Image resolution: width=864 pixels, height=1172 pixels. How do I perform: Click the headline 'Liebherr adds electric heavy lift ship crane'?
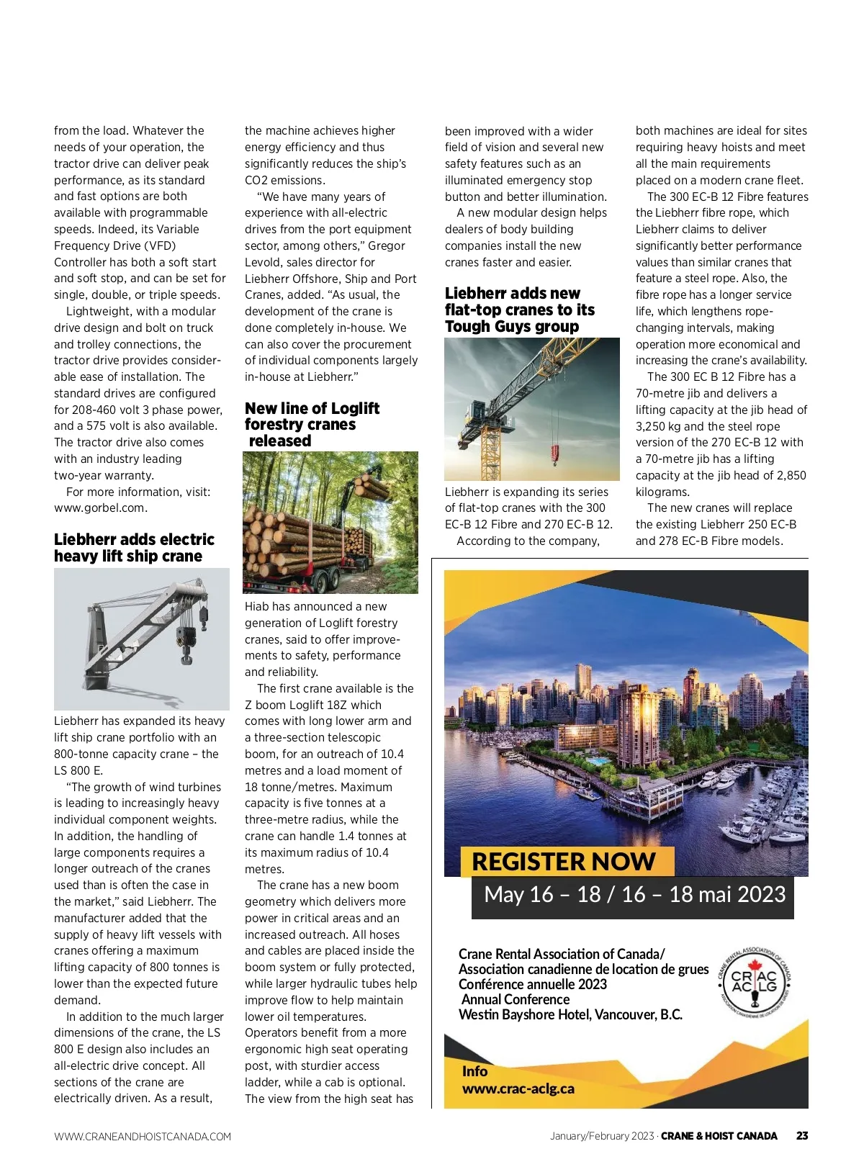[x=134, y=548]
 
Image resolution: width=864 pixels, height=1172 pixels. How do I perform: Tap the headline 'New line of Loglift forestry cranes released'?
[x=312, y=425]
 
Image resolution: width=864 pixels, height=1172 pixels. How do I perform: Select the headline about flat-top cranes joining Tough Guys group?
[x=519, y=310]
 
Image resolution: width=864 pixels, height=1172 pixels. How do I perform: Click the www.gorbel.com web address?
[x=101, y=508]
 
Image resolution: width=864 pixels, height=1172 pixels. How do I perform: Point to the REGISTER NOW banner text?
[x=563, y=862]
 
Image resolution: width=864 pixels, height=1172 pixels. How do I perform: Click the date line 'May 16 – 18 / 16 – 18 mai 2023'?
[x=634, y=895]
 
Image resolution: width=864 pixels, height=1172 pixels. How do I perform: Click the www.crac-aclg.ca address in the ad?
[x=518, y=1089]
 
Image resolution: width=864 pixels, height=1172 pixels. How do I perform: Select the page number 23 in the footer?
[x=802, y=1136]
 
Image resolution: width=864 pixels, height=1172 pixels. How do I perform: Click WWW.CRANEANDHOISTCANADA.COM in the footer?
[x=143, y=1137]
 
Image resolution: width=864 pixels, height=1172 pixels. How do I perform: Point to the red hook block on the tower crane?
[x=555, y=454]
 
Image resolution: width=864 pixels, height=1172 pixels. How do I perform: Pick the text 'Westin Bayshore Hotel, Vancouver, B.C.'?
[x=570, y=1015]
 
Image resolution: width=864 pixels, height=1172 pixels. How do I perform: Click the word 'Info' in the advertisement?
[x=474, y=1071]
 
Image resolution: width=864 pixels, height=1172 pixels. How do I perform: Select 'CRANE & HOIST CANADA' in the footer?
[x=719, y=1136]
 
